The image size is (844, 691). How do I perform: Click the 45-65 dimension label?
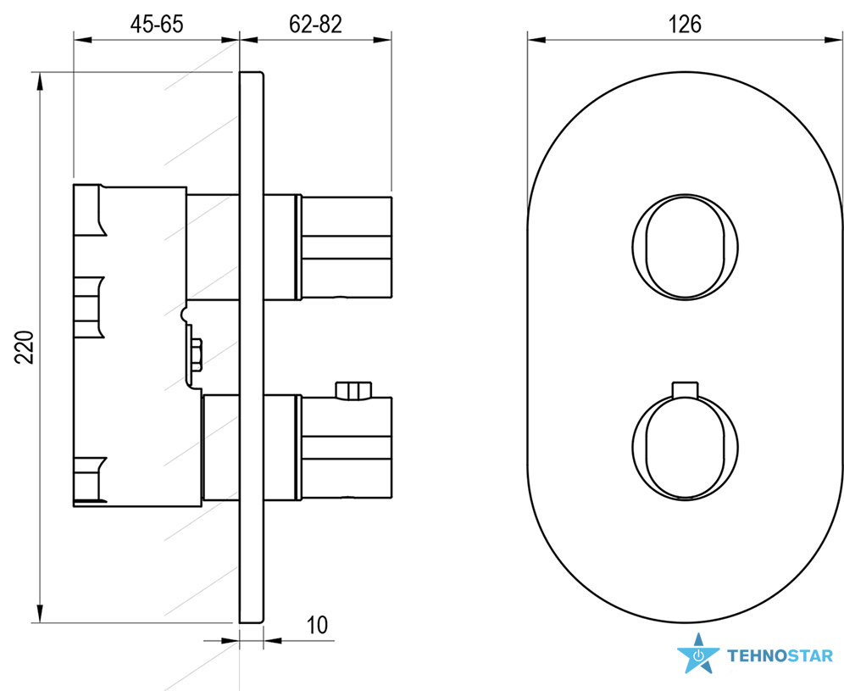[157, 25]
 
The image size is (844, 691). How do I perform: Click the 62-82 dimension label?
[315, 25]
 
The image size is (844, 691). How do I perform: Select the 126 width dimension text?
[685, 25]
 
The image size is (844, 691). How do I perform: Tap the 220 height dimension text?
[25, 348]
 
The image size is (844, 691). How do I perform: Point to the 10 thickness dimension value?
[318, 626]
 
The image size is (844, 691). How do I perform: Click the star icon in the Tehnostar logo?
[698, 654]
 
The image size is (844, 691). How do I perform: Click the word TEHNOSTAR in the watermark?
[780, 655]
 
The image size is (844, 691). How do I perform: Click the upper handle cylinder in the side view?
[344, 248]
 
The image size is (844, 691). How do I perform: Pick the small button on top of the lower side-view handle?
[353, 391]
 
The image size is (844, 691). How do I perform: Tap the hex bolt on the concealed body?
[196, 354]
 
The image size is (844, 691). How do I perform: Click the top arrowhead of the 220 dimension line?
[39, 82]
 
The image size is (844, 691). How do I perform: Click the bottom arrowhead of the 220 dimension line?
[39, 613]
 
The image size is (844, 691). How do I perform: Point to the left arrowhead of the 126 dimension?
[537, 39]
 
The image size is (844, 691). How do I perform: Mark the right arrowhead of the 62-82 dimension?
[381, 39]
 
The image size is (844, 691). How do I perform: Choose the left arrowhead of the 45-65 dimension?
[83, 39]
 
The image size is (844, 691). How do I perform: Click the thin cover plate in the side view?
[252, 348]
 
